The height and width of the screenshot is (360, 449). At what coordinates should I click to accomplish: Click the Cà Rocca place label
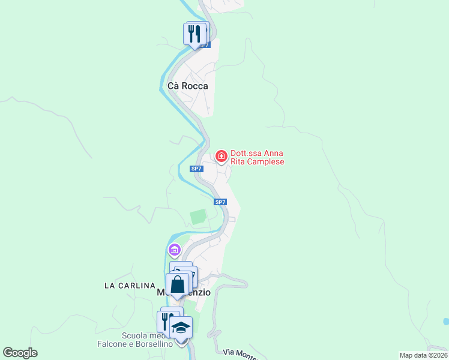click(188, 86)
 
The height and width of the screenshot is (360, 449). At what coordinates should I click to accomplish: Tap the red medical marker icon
click(221, 157)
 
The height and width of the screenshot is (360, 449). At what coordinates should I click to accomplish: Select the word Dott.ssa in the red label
click(249, 154)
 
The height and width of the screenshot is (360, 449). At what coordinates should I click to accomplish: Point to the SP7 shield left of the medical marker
click(196, 169)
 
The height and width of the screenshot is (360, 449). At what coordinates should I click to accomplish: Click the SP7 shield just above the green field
click(220, 202)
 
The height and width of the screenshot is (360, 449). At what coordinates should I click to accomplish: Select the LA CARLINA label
click(130, 286)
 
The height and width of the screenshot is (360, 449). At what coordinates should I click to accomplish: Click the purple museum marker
click(174, 249)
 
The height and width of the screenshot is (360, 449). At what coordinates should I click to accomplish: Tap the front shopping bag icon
click(178, 284)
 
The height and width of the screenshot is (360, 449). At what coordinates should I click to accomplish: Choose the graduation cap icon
click(181, 328)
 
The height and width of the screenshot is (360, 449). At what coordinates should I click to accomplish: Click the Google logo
click(20, 353)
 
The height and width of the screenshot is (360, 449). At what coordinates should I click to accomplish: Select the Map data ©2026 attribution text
click(423, 355)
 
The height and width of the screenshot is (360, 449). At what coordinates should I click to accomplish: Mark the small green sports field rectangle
click(198, 217)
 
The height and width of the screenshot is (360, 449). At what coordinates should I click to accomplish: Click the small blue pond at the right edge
click(446, 322)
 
